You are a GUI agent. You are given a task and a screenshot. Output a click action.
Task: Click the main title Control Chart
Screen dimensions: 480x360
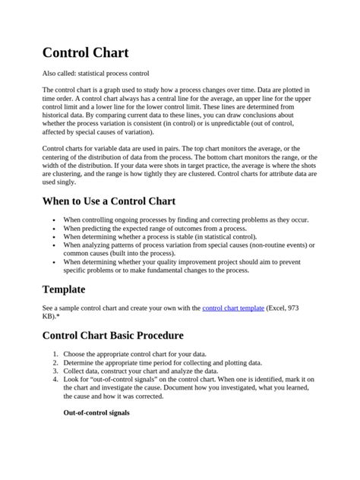point(85,53)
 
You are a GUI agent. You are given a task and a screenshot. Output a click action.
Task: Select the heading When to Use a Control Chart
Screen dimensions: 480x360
point(109,201)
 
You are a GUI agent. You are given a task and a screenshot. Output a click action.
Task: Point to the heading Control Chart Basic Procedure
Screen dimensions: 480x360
point(112,335)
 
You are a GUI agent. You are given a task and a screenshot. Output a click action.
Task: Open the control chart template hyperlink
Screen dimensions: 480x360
point(233,308)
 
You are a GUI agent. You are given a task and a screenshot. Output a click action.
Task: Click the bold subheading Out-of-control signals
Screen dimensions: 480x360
point(96,412)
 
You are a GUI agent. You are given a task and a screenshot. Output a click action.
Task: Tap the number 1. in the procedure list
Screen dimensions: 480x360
point(55,355)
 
